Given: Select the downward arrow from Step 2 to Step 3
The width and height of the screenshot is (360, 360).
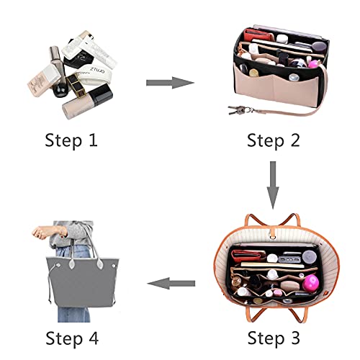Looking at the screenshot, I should pyautogui.click(x=272, y=184).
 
